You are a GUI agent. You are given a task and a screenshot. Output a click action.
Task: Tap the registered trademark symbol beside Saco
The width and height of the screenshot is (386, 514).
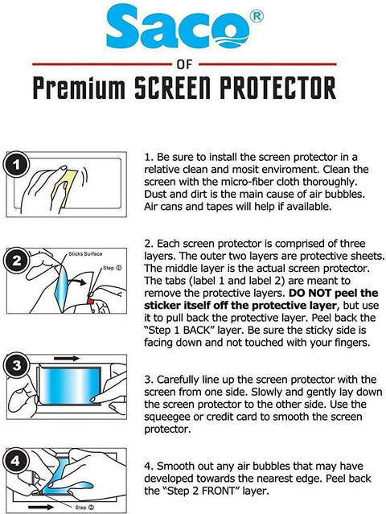[x=257, y=16]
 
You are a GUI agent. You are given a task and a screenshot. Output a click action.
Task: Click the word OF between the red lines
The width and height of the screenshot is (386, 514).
[x=184, y=64]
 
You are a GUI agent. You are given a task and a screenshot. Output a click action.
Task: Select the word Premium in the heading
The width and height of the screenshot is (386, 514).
[x=79, y=88]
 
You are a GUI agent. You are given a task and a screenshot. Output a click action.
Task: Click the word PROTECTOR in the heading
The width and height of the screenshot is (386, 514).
[x=278, y=88]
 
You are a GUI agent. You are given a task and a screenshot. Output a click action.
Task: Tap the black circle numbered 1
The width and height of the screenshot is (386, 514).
[x=16, y=165]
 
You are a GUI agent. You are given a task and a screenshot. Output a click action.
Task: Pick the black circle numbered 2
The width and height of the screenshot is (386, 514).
[x=16, y=261]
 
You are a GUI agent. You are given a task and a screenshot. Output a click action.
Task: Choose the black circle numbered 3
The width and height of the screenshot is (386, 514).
[x=16, y=366]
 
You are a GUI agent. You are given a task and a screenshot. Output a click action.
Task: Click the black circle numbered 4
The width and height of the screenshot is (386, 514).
[x=15, y=461]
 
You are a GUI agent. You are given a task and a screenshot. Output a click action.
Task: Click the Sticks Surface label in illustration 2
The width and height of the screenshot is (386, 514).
[x=85, y=254]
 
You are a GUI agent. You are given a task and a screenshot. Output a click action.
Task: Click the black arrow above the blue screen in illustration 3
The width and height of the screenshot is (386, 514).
[x=67, y=358]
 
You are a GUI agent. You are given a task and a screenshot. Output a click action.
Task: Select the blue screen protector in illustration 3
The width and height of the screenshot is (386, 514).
[x=70, y=386]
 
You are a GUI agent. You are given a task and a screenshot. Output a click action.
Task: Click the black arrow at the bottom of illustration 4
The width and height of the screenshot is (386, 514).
[x=41, y=507]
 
